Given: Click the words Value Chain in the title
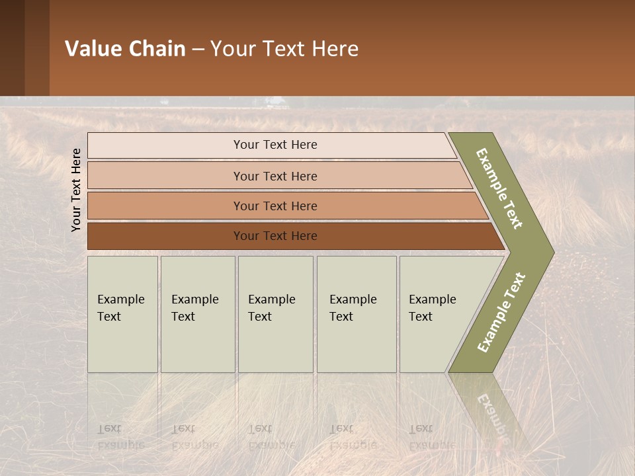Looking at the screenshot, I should pos(125,49).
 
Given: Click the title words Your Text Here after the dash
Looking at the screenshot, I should pos(284,49).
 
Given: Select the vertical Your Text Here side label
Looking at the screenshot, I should pos(76,190).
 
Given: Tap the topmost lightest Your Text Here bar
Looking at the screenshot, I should pos(275,145).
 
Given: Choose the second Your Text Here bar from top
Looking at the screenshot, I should pos(275,176).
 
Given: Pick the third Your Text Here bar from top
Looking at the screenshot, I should pos(275,206).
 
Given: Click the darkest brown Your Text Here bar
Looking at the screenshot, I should pos(275,236).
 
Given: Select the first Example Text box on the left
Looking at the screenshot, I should pos(122,314).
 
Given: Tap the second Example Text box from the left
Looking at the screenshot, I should pos(197,314).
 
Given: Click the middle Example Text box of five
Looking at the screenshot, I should pos(275,314).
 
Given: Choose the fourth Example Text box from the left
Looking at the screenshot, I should pos(356,314).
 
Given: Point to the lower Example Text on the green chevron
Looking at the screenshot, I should pos(501,313).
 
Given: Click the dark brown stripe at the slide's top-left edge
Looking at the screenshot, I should pos(12,48).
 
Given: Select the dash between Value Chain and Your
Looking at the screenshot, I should pos(198,50).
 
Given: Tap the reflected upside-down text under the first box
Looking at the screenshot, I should pos(120,437).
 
